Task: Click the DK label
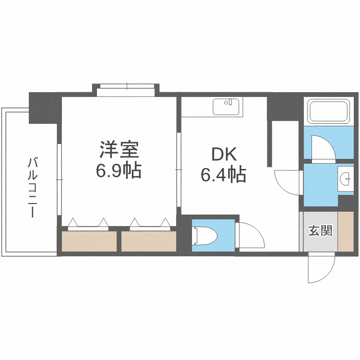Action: tap(224, 155)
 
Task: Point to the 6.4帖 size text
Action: tap(223, 175)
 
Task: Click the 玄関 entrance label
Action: tap(319, 231)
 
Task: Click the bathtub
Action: tap(329, 112)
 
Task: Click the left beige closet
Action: tap(89, 241)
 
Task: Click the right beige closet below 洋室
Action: tap(148, 241)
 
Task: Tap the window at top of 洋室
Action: tap(127, 87)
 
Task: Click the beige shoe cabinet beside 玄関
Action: tap(346, 231)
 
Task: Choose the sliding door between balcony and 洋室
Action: tap(59, 180)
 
